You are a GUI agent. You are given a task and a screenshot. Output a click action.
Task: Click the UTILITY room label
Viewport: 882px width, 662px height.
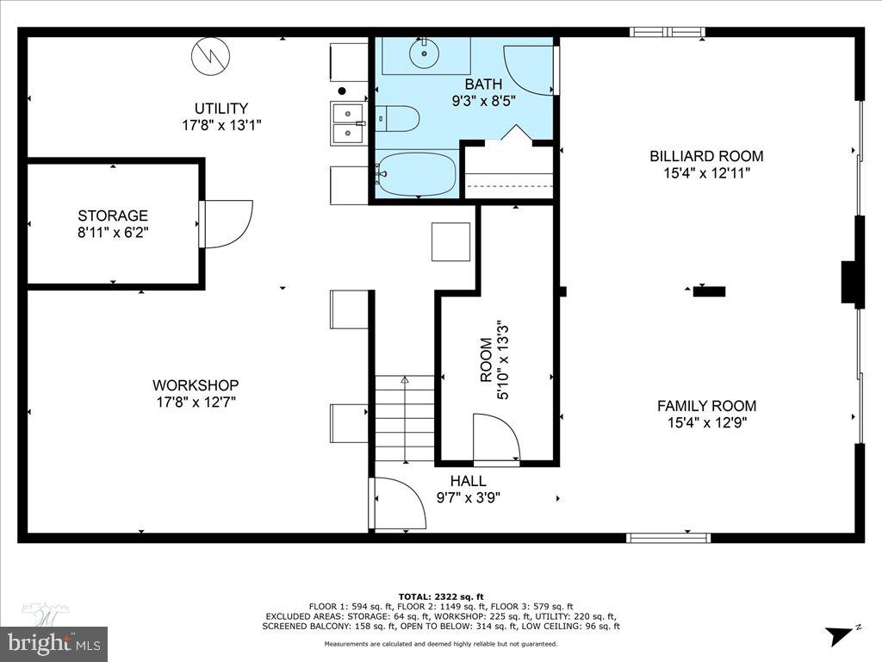tap(220, 109)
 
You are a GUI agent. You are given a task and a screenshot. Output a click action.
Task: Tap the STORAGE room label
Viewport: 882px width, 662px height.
tap(113, 215)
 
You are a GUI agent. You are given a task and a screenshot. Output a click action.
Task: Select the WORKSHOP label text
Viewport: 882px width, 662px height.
tap(196, 385)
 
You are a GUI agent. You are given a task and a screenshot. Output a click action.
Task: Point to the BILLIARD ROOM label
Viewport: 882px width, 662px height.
tap(706, 156)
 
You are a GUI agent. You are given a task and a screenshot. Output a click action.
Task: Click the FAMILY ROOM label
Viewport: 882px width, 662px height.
tap(706, 406)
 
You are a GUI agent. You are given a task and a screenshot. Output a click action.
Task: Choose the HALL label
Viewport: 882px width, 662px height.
tap(469, 481)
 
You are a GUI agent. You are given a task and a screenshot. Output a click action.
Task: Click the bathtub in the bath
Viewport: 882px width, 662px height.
tap(417, 174)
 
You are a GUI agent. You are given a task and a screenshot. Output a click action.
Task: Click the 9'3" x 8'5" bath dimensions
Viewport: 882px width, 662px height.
tap(483, 100)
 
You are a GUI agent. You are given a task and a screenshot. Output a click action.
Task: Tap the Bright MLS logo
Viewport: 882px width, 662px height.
tap(53, 641)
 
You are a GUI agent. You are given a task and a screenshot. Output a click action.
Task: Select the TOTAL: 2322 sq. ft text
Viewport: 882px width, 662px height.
tap(441, 596)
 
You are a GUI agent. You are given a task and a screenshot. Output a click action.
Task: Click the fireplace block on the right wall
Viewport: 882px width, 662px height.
tap(851, 284)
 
